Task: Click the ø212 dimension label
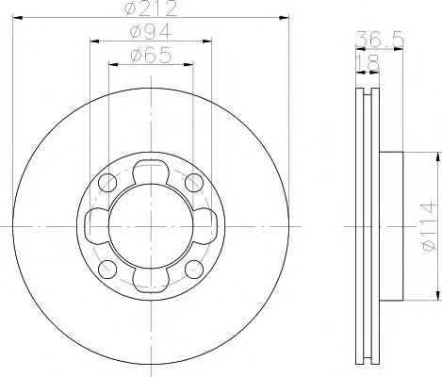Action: point(151,8)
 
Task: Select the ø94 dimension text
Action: point(151,32)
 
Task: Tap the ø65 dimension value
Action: point(151,56)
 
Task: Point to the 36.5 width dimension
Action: point(379,40)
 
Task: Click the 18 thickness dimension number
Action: point(368,63)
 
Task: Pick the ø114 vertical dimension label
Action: point(429,226)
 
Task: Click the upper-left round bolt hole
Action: point(107,183)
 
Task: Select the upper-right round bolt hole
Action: point(194,183)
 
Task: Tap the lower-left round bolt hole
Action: point(107,270)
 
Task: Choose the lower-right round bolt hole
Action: point(194,270)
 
